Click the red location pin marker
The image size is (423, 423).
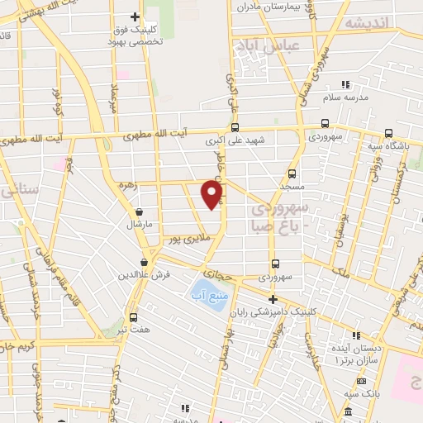click(x=212, y=193)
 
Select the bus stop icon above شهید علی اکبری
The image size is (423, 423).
click(x=235, y=128)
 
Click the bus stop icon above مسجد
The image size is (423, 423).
click(x=291, y=173)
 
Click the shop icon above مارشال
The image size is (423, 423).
click(x=137, y=211)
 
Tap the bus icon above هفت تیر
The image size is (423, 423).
click(x=134, y=317)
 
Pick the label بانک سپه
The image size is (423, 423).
click(x=362, y=393)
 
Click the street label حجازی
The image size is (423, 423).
click(x=219, y=271)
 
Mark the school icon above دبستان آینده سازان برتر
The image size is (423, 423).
click(x=357, y=335)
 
